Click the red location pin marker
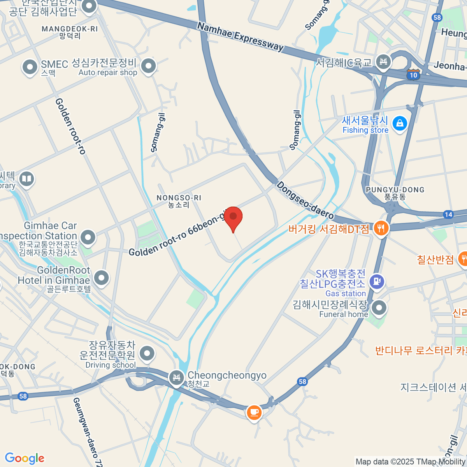click(233, 217)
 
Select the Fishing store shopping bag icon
click(399, 124)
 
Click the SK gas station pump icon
click(376, 281)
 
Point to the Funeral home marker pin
click(379, 308)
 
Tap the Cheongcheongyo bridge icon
click(176, 377)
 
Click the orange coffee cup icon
click(254, 412)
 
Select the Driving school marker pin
click(147, 354)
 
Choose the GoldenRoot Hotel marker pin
click(102, 277)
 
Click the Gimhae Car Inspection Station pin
click(88, 237)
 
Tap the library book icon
click(26, 179)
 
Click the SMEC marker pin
click(30, 67)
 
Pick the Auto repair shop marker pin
click(148, 66)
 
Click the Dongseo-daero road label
click(305, 200)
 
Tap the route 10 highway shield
click(413, 75)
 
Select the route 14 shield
click(448, 214)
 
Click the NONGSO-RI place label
click(179, 198)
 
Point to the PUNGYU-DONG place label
click(395, 190)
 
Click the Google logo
click(25, 458)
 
